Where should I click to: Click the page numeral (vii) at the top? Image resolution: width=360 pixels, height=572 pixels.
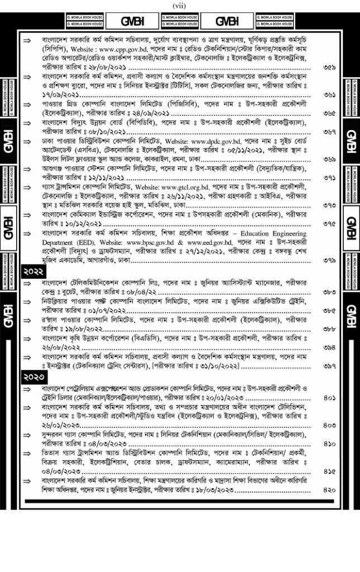click(180, 6)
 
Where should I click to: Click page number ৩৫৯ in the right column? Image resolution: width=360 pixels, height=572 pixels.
click(329, 67)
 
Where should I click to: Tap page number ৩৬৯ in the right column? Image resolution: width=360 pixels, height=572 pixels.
click(329, 160)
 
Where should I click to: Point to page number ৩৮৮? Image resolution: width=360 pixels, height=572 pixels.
click(329, 330)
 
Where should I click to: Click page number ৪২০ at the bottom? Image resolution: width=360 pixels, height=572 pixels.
click(329, 490)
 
